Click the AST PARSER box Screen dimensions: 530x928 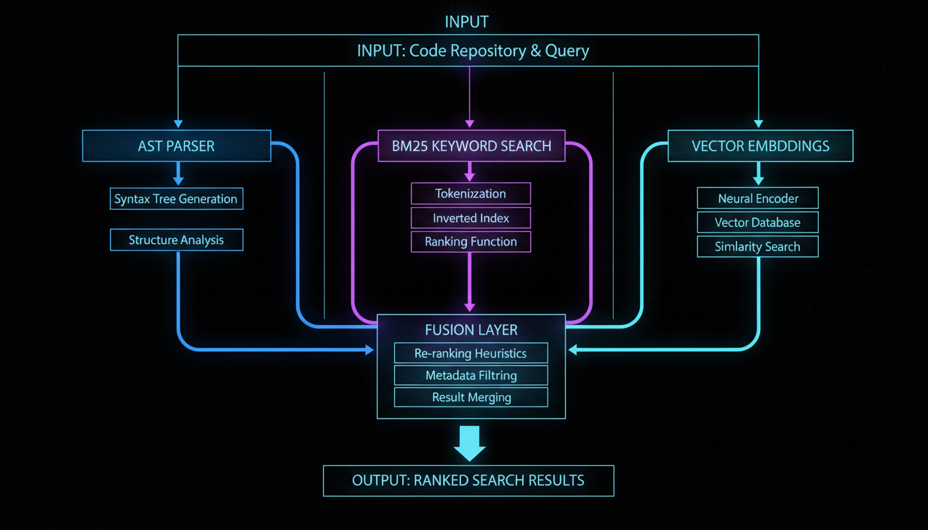pyautogui.click(x=176, y=146)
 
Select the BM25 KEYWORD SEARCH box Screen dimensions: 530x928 pyautogui.click(x=472, y=146)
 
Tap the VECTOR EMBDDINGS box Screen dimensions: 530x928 pyautogui.click(x=760, y=146)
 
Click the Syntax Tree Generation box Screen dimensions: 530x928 pyautogui.click(x=176, y=199)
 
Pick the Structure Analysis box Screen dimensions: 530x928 pyautogui.click(x=176, y=240)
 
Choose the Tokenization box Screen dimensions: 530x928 pyautogui.click(x=471, y=193)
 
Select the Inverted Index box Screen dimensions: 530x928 pyautogui.click(x=471, y=218)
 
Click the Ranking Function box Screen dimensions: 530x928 pyautogui.click(x=471, y=242)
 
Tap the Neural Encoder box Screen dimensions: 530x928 pyautogui.click(x=757, y=199)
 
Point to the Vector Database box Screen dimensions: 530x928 pyautogui.click(x=757, y=222)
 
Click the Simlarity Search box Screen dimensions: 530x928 pyautogui.click(x=757, y=246)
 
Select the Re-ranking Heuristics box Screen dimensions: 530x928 pyautogui.click(x=471, y=353)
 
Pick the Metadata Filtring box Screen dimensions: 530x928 pyautogui.click(x=471, y=375)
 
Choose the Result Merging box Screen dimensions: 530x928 pyautogui.click(x=471, y=397)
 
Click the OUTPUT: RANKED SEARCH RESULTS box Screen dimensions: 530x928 pyautogui.click(x=468, y=480)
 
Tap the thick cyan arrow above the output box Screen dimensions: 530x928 pyautogui.click(x=470, y=444)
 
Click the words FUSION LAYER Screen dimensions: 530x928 pyautogui.click(x=472, y=329)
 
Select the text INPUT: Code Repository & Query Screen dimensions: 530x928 pyautogui.click(x=473, y=50)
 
